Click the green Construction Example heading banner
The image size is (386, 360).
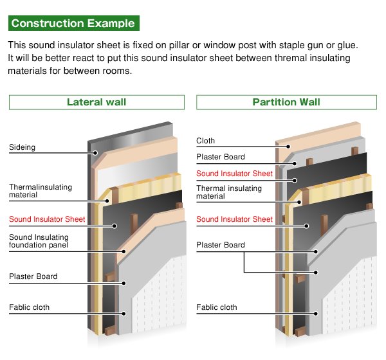(73, 24)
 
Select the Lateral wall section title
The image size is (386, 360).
(96, 102)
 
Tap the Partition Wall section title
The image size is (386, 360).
(286, 102)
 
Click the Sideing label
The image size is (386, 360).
(22, 148)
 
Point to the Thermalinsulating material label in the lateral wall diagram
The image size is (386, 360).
(41, 191)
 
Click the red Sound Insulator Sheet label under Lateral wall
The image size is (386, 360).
(47, 219)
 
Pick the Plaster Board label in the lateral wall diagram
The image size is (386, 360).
(33, 276)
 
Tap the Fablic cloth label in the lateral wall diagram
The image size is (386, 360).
(30, 307)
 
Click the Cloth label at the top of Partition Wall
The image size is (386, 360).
(206, 141)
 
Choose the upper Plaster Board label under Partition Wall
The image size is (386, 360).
(221, 157)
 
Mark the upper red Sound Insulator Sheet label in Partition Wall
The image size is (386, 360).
(235, 174)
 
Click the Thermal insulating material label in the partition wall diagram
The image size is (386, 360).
(229, 192)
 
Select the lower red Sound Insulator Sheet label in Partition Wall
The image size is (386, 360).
(235, 219)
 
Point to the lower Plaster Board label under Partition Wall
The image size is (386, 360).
(221, 245)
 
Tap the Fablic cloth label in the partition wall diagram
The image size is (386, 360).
(217, 307)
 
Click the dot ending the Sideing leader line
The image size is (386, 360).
(95, 153)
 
